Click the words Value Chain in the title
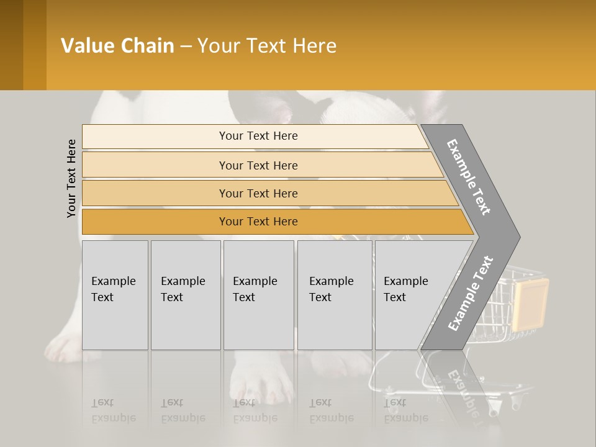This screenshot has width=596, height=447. [x=117, y=46]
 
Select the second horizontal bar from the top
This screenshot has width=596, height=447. [x=258, y=165]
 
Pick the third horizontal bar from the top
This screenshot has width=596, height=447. [x=258, y=193]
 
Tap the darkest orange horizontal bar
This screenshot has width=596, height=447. [x=258, y=222]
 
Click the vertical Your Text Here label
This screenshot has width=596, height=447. [x=71, y=178]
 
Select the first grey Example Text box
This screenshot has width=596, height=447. [x=115, y=295]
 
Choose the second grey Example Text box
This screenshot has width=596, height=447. [x=185, y=295]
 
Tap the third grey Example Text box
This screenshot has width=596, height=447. [x=258, y=295]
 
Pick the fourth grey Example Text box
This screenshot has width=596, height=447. [x=335, y=295]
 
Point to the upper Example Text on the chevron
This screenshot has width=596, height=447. [x=469, y=177]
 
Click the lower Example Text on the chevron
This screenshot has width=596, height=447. [x=470, y=294]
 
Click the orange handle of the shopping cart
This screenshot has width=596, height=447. [x=531, y=302]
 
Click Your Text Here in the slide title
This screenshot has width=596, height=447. [x=266, y=46]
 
